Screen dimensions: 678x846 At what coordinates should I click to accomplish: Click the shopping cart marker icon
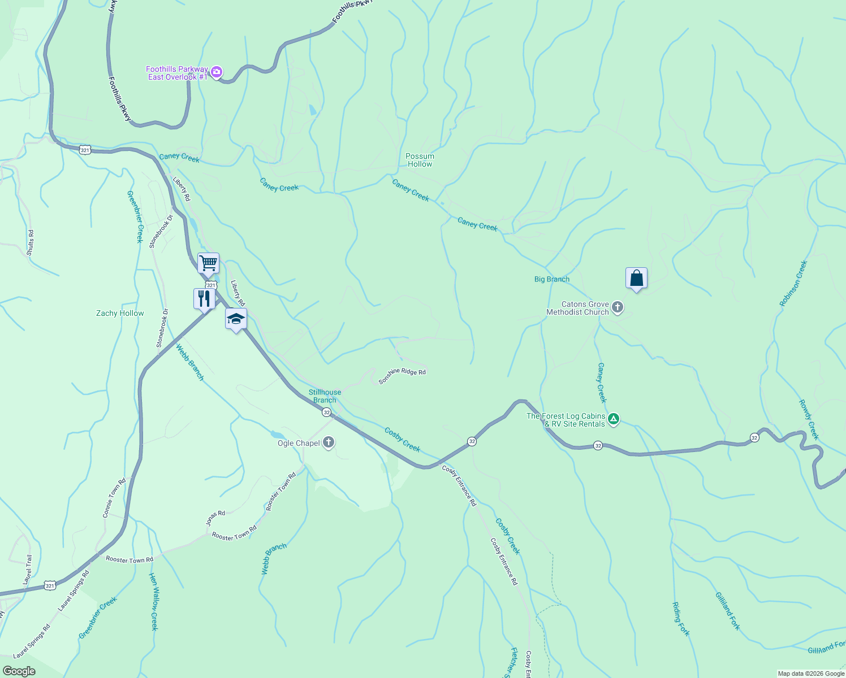click(208, 263)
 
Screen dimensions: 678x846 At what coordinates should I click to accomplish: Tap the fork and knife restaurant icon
click(204, 298)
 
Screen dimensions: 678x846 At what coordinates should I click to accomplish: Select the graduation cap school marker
click(236, 319)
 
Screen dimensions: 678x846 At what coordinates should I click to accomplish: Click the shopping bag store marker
click(636, 278)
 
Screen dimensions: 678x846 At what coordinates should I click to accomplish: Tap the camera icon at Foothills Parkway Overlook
click(216, 72)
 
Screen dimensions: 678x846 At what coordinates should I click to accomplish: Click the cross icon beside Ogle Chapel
click(329, 443)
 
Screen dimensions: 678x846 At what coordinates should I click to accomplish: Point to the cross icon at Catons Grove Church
click(618, 307)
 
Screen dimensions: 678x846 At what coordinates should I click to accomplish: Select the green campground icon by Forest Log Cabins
click(614, 419)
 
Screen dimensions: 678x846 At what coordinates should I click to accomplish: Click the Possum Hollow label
click(420, 160)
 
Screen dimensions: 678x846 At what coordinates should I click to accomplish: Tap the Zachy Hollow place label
click(120, 313)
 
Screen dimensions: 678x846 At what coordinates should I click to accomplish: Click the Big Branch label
click(552, 279)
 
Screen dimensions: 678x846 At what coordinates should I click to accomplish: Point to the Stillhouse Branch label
click(325, 396)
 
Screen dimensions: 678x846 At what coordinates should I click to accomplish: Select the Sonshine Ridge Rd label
click(402, 376)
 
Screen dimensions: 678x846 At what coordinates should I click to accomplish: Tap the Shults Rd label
click(31, 242)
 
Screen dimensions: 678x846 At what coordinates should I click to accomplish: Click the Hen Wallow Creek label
click(153, 601)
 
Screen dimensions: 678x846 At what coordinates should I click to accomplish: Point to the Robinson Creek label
click(793, 283)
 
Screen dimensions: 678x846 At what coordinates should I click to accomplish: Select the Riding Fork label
click(681, 619)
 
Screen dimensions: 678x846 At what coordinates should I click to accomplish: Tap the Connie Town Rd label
click(114, 498)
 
